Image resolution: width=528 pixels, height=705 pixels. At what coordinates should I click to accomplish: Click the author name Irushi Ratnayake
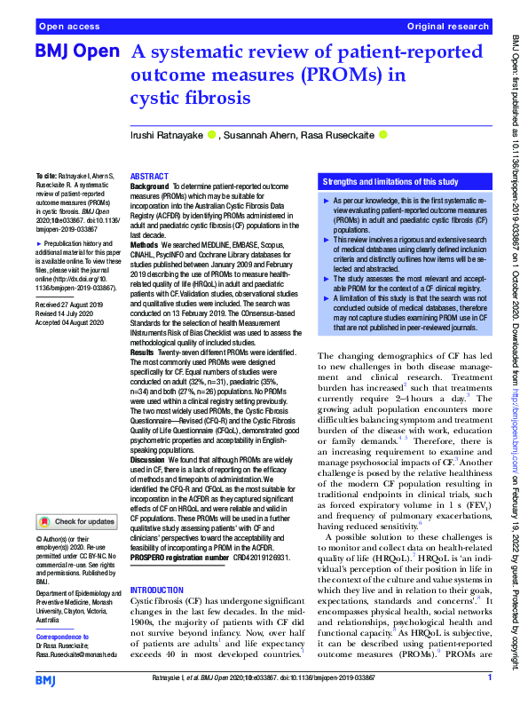(167, 135)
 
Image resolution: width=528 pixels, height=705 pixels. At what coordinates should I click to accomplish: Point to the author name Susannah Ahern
(260, 135)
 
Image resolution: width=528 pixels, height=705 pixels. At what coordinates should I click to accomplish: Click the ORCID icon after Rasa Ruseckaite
(382, 135)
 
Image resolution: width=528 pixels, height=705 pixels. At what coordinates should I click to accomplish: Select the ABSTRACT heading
(149, 178)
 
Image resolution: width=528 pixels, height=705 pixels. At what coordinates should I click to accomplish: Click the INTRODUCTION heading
(159, 590)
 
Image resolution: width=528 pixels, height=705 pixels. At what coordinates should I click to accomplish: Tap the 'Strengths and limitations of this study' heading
(390, 182)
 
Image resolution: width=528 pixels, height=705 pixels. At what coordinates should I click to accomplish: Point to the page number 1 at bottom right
(489, 678)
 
